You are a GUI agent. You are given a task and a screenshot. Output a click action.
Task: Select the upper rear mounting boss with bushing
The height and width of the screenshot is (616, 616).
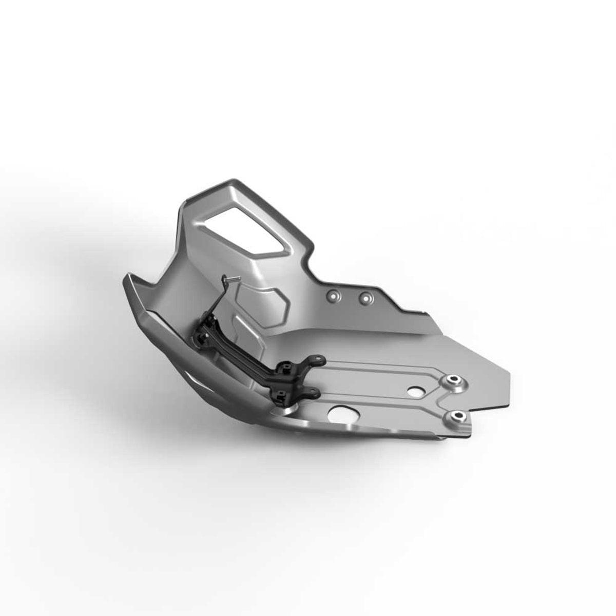point(453,381)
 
